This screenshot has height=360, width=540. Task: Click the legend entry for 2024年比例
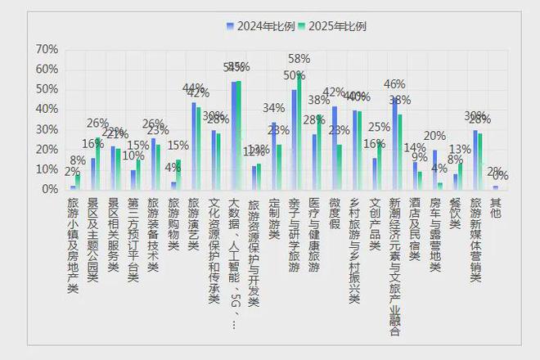(263, 26)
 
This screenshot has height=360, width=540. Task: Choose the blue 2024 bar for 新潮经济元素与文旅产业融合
(394, 144)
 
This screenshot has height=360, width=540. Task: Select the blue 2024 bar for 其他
(495, 187)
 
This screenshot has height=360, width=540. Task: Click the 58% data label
(299, 59)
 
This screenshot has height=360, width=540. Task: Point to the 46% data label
(394, 84)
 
